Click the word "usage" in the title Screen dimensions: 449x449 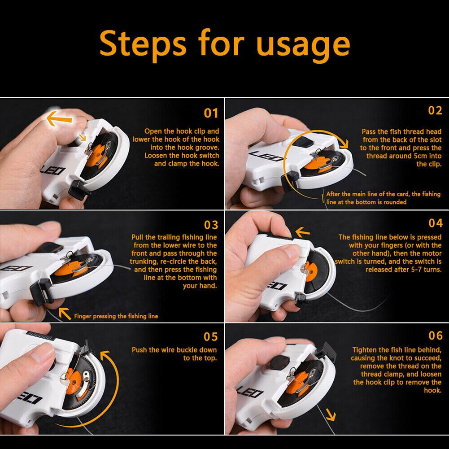(303, 46)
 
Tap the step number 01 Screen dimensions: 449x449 (211, 113)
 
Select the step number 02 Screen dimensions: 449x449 (435, 110)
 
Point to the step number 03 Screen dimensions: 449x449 (211, 225)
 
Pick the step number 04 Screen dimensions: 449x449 (435, 223)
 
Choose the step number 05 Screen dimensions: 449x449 (210, 337)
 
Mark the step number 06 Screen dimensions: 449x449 (435, 336)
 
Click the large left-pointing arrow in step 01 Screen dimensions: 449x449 (59, 118)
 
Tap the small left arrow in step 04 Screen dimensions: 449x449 (302, 232)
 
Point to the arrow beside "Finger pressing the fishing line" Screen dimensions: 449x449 (65, 314)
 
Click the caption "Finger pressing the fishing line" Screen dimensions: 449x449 (116, 316)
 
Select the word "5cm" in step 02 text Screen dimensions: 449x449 (420, 156)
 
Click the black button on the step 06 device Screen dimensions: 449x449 (280, 362)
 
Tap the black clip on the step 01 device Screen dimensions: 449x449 (78, 190)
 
